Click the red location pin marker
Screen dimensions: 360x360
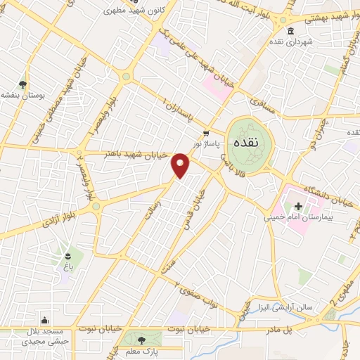[x=181, y=165]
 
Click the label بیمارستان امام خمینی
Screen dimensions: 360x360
[x=307, y=218]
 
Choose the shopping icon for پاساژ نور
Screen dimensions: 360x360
[x=205, y=134]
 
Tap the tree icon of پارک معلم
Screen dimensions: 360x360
[x=142, y=340]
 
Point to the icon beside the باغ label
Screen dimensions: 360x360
[x=67, y=255]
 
